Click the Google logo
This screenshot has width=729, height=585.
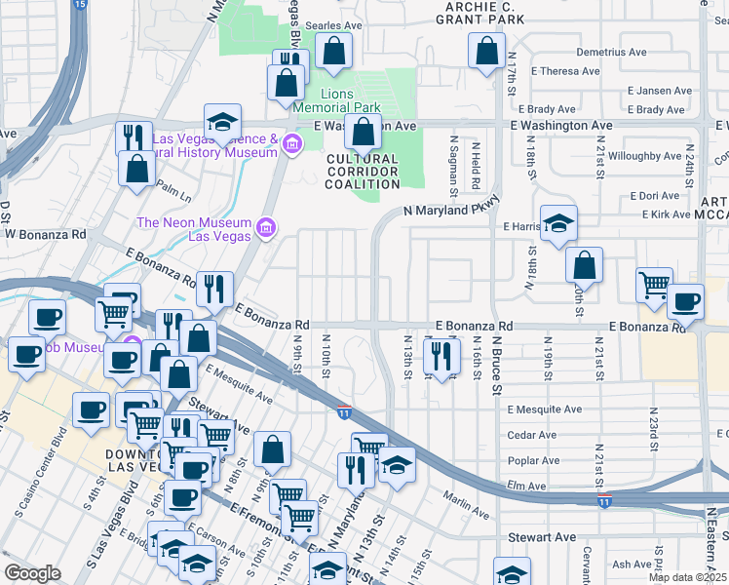[x=32, y=573]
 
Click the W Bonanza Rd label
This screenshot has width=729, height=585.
[x=45, y=234]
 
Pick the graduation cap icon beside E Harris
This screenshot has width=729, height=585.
[x=558, y=224]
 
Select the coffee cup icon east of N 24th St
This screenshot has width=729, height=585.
[x=685, y=302]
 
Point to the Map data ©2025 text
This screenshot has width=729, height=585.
[x=687, y=577]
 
